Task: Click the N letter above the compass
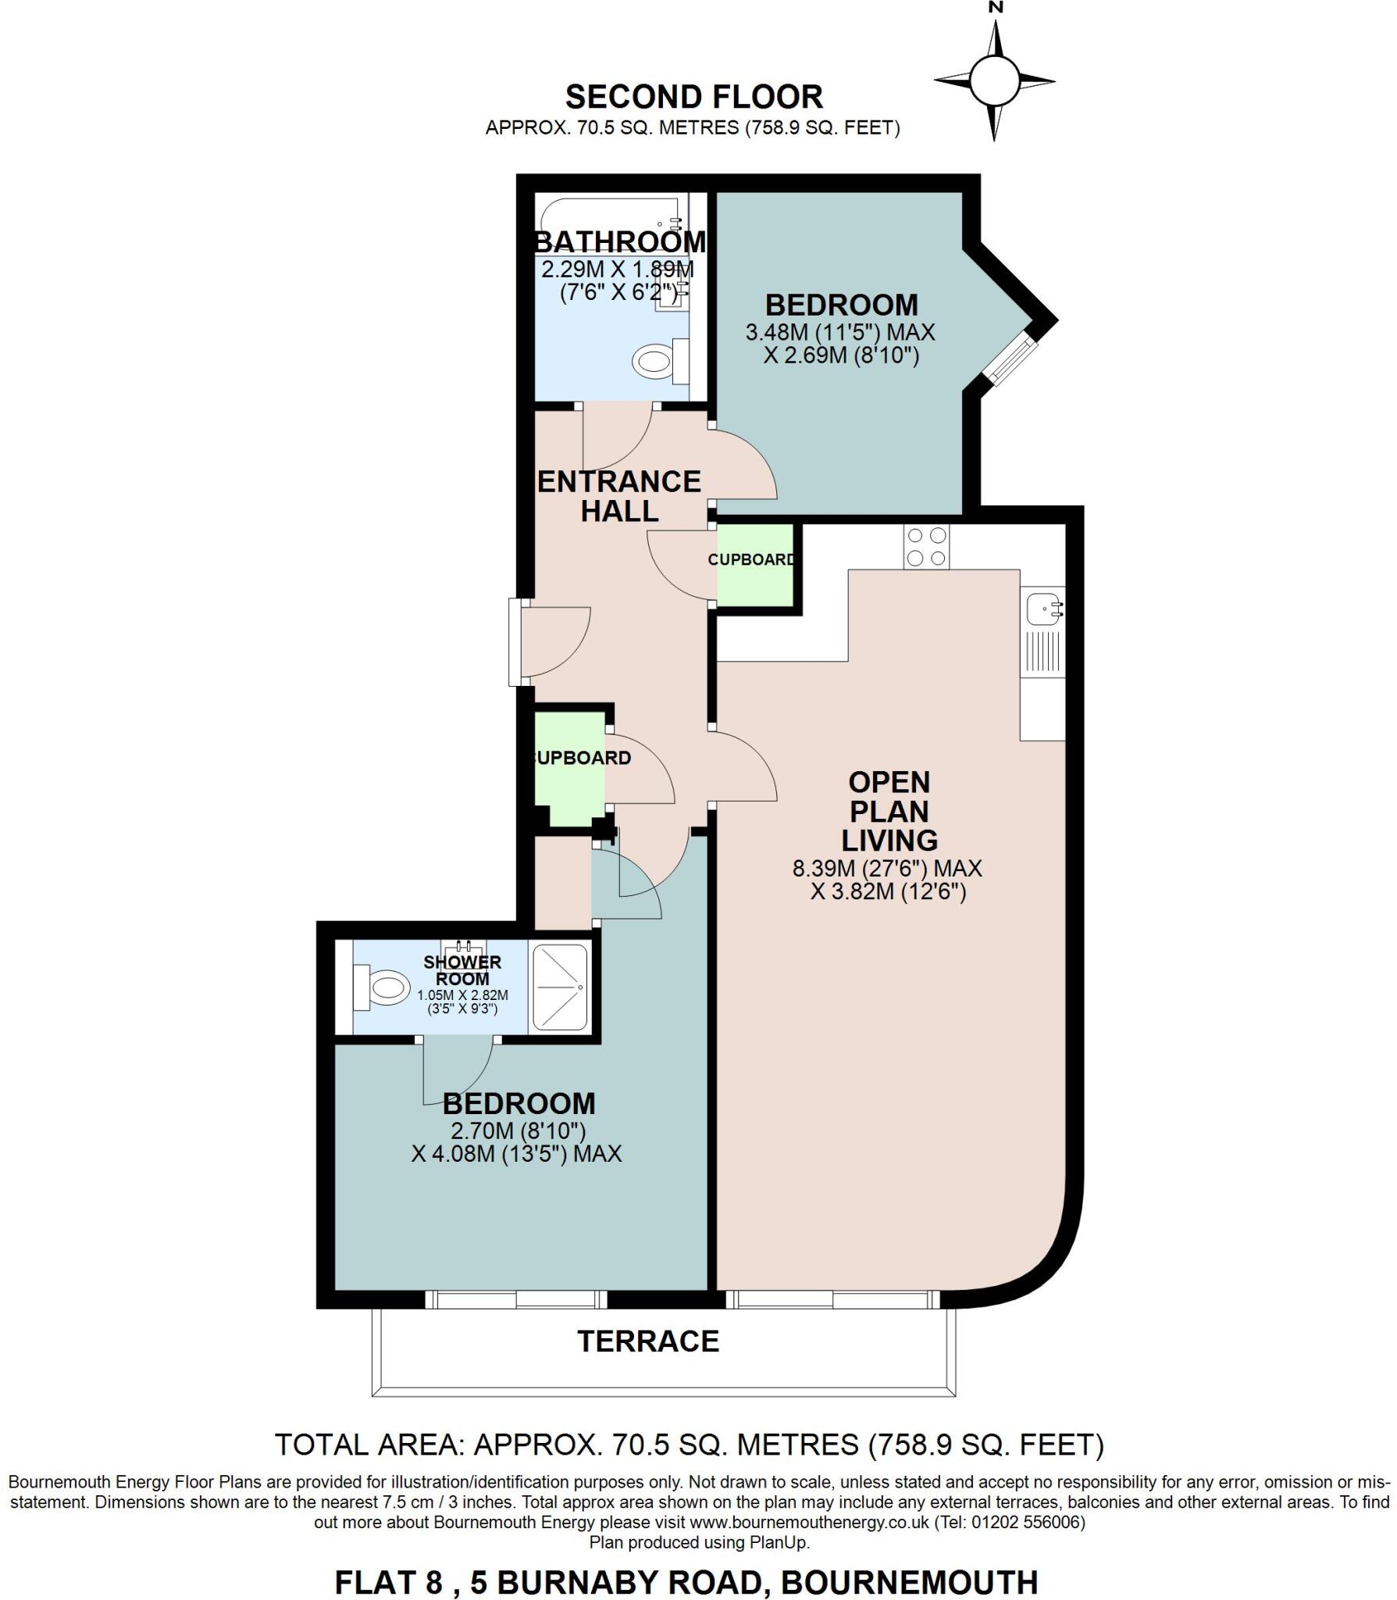[995, 8]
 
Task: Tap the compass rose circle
[994, 80]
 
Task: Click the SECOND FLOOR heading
[693, 98]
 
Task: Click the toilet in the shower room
[381, 988]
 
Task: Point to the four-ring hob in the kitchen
[927, 547]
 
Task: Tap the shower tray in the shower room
[559, 987]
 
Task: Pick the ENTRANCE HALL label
[619, 496]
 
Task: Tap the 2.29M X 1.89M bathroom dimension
[618, 270]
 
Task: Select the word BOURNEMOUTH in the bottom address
[910, 1581]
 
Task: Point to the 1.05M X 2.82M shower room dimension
[462, 995]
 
